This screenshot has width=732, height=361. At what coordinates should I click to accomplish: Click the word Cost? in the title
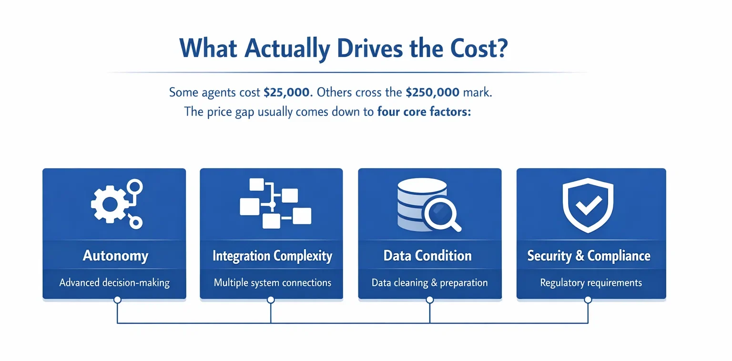tap(479, 49)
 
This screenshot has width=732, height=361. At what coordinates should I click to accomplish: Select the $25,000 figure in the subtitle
tap(286, 92)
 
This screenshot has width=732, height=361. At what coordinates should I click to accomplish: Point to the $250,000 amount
tap(432, 92)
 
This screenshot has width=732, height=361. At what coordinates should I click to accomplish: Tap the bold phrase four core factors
tap(424, 112)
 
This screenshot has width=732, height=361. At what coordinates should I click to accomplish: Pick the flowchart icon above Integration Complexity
tap(275, 203)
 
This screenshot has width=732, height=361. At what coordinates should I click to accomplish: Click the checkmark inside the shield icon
tap(588, 205)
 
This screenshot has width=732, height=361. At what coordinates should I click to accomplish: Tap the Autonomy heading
tap(115, 256)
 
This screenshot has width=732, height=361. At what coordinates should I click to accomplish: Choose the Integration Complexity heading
tap(272, 256)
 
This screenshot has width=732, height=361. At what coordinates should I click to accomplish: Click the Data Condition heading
tap(427, 256)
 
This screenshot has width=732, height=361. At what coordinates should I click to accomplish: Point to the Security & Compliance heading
tap(589, 256)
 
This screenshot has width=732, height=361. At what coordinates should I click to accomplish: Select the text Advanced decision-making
tap(114, 282)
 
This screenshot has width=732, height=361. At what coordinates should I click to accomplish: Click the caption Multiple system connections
tap(273, 282)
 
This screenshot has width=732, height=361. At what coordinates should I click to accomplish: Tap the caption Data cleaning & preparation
tap(429, 282)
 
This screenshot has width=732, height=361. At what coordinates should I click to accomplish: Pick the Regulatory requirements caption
tap(591, 282)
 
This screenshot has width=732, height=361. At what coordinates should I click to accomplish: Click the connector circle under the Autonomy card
tap(117, 300)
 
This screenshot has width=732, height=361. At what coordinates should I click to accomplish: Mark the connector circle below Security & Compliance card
tap(588, 300)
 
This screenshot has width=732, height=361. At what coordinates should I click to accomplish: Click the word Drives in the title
tap(370, 49)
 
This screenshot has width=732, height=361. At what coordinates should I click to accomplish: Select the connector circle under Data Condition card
tap(430, 300)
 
